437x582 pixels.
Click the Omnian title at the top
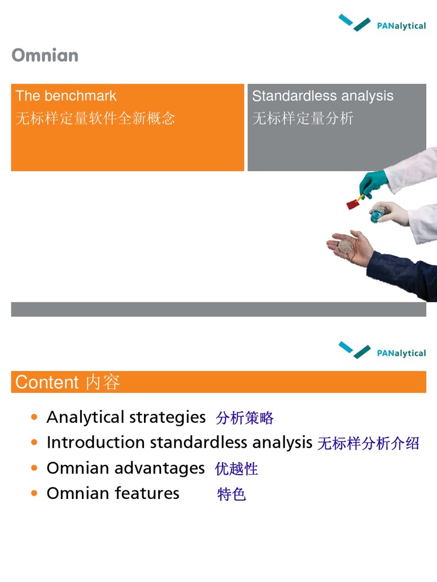tap(45, 56)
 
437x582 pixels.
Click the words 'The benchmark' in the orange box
tap(66, 96)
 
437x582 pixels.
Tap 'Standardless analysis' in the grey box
tap(323, 96)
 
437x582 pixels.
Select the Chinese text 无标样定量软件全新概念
tap(96, 118)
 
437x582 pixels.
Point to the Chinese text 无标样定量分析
tap(303, 118)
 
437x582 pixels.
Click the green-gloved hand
tap(373, 183)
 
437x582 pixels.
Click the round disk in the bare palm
tap(346, 246)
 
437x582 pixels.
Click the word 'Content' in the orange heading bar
tap(47, 382)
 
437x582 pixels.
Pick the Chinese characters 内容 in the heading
tap(103, 382)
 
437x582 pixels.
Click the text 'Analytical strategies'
tap(126, 417)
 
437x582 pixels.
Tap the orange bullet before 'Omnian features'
tap(35, 493)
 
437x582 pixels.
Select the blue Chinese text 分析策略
tap(245, 418)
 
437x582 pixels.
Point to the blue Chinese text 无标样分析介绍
tap(368, 443)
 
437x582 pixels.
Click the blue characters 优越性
tap(237, 469)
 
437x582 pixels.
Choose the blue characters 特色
tap(232, 494)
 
